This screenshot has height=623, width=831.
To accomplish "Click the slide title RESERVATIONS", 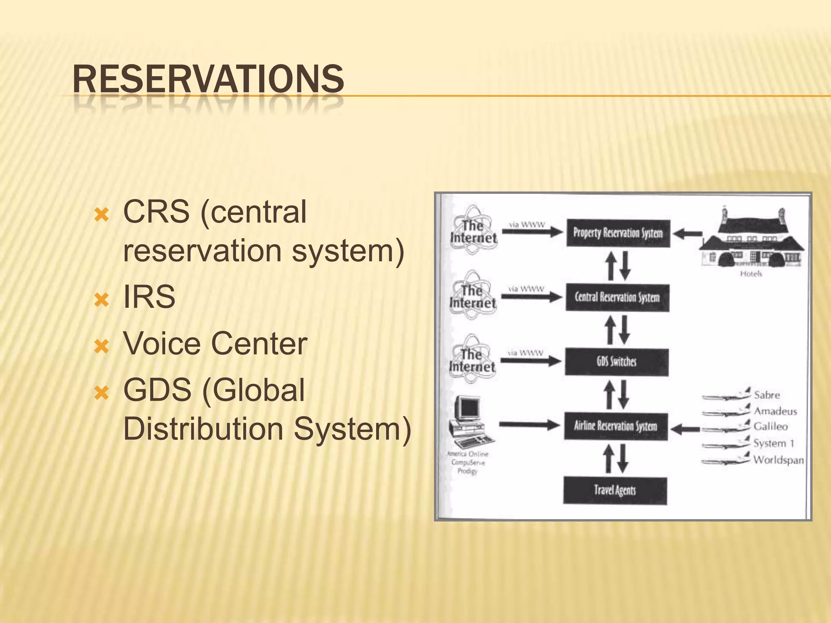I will (208, 79).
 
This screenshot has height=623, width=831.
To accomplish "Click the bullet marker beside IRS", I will (101, 300).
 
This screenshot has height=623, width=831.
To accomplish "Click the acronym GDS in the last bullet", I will (157, 390).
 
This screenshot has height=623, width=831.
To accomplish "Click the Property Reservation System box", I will (618, 233).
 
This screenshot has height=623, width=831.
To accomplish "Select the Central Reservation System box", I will (617, 298).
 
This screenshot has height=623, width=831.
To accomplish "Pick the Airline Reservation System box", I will (616, 426).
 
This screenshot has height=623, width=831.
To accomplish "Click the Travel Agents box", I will (615, 491).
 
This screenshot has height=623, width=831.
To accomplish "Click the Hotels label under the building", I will (751, 274).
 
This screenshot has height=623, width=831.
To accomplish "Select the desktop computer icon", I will (470, 422).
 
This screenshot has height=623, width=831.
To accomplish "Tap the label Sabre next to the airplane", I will (767, 395).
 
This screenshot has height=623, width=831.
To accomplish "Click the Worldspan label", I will (778, 460).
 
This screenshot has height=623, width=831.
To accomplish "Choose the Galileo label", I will (771, 427).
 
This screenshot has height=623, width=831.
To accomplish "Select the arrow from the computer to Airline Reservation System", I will (530, 425).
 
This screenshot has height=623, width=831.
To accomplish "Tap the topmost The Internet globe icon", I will (473, 230).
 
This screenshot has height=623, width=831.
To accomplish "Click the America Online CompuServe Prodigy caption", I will (468, 463).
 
